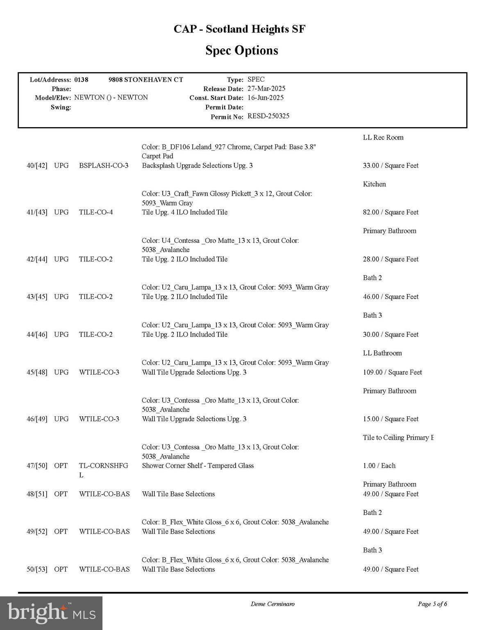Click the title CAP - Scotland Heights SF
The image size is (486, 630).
[x=239, y=29]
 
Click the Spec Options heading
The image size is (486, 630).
[x=241, y=50]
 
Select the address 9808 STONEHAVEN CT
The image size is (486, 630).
[x=145, y=80]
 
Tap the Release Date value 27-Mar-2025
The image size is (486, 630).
[x=266, y=89]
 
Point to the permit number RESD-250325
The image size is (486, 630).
[x=268, y=116]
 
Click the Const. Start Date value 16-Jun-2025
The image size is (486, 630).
[x=266, y=98]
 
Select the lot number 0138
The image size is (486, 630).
[x=81, y=80]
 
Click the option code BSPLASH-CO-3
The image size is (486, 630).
[x=104, y=166]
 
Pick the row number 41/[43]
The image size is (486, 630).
[x=37, y=212]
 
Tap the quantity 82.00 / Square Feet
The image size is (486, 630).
[x=391, y=212]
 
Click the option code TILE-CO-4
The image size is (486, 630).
[x=96, y=212]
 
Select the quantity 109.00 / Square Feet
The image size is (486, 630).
[x=392, y=372]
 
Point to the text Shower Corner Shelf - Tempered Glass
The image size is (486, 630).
[x=198, y=466]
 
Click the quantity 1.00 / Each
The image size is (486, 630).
[x=379, y=466]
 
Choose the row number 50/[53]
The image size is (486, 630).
[x=37, y=569]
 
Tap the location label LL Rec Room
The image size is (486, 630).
[x=383, y=137]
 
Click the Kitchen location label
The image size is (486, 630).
[x=374, y=184]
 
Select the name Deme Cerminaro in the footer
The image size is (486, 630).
[x=273, y=604]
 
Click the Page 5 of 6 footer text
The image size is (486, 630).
[x=432, y=604]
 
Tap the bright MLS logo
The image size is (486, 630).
[x=51, y=613]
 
